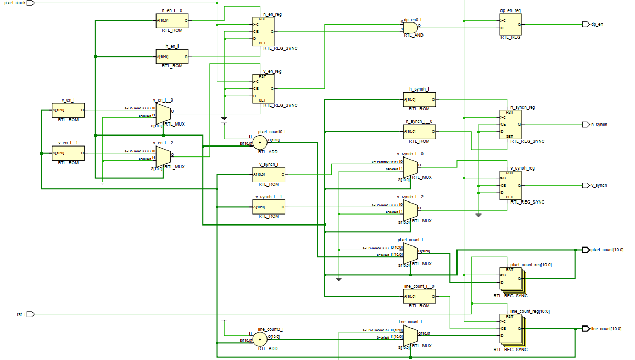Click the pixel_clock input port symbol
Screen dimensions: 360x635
[30, 3]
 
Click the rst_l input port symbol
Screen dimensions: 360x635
[30, 314]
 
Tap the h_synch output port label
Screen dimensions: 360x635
[599, 125]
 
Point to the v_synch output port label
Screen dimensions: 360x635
[599, 186]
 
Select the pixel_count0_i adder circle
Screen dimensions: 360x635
[260, 143]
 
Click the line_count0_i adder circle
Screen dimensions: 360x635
[260, 340]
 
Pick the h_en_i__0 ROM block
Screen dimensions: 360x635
[172, 22]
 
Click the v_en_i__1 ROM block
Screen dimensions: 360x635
[68, 153]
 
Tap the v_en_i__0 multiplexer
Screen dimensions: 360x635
[163, 112]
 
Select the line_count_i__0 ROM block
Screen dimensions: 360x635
[419, 297]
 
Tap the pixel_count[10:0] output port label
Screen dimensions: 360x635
[607, 250]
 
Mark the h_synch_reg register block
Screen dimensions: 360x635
[510, 124]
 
